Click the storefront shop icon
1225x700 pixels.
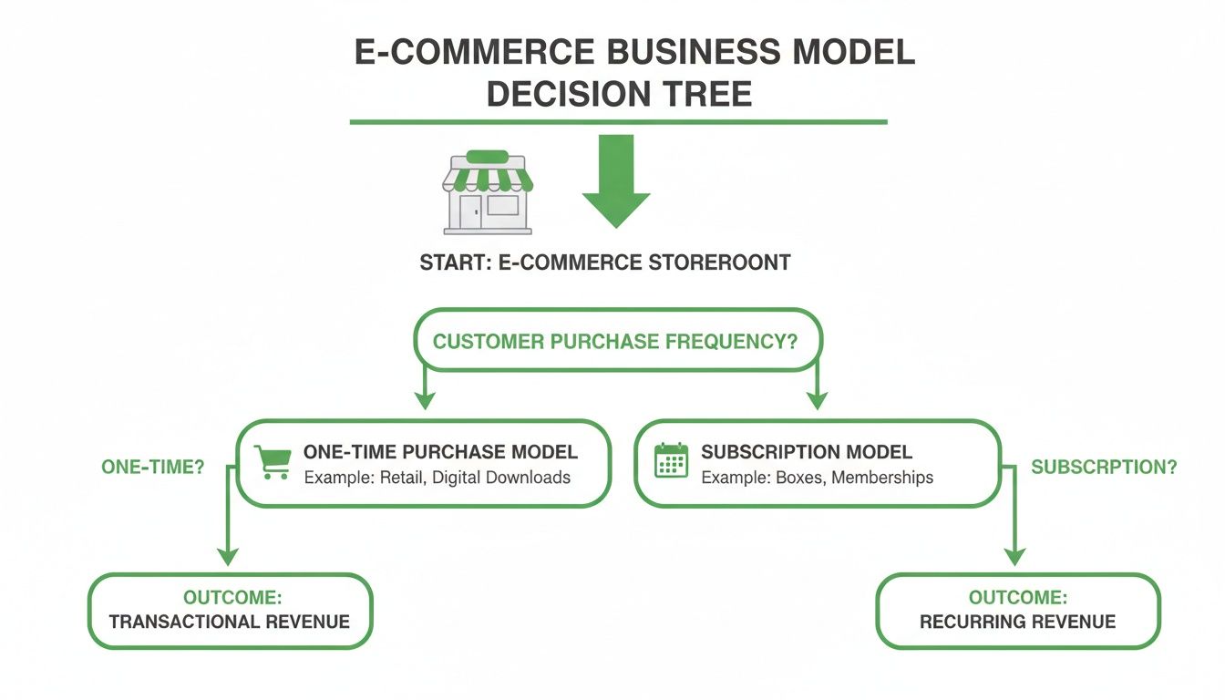[488, 193]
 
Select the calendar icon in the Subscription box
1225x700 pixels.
[672, 461]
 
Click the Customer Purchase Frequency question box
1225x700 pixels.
[615, 343]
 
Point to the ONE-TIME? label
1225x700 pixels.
[152, 467]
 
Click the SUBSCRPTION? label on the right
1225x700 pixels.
[1103, 467]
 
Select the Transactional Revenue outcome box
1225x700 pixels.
[230, 611]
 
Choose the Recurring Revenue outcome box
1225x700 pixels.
[1017, 611]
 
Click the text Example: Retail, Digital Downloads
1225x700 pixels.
[437, 478]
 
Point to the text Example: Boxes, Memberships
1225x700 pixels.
[817, 478]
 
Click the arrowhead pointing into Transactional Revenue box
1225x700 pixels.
[228, 556]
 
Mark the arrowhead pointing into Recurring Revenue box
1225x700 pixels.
[1015, 556]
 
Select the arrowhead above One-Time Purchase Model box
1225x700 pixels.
[421, 399]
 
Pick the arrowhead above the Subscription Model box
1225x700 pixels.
[817, 399]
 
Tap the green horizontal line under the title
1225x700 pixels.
[618, 121]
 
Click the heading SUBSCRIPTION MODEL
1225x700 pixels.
[806, 452]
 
